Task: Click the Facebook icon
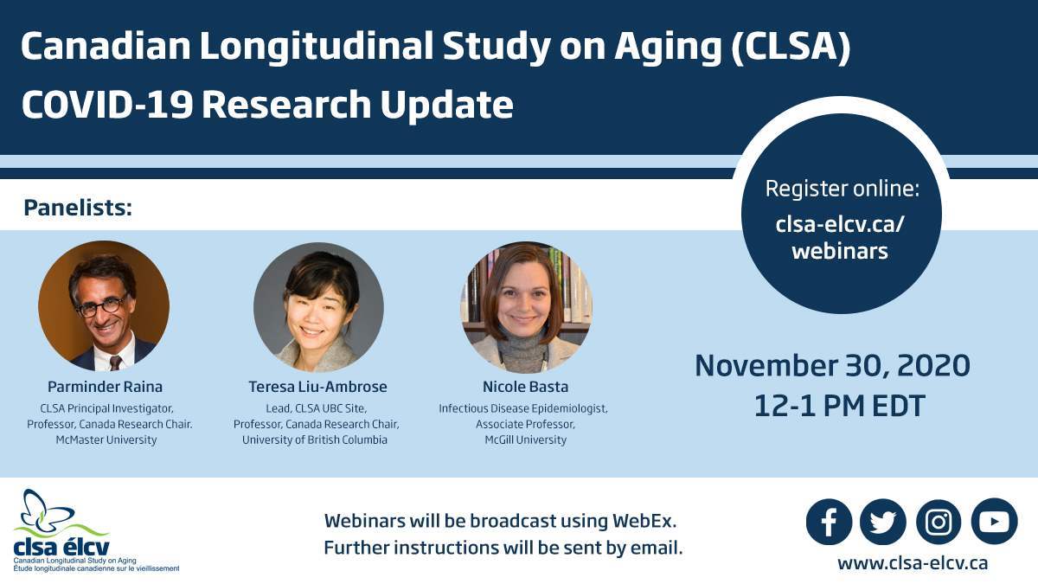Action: coord(829,522)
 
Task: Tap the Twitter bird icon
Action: coord(883,522)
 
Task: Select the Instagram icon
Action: coord(939,522)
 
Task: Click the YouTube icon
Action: coord(994,522)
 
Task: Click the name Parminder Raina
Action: coord(104,387)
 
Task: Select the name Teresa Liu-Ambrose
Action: coord(317,387)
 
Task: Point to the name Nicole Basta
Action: coord(525,387)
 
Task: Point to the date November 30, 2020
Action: coord(832,366)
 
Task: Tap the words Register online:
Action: coord(842,189)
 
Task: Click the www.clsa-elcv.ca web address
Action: coord(912,562)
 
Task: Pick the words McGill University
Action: coord(525,440)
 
